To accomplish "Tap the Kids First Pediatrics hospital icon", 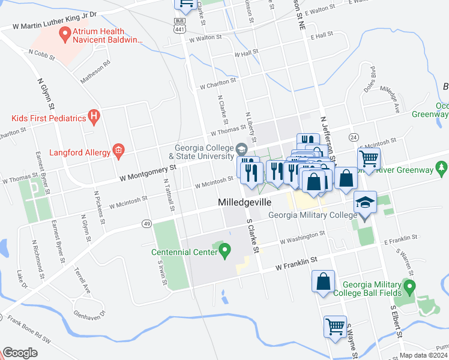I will pos(93,117).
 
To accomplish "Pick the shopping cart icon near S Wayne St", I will pos(335,326).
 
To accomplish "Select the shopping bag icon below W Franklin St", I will pos(323,281).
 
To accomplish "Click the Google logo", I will pos(20,353).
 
